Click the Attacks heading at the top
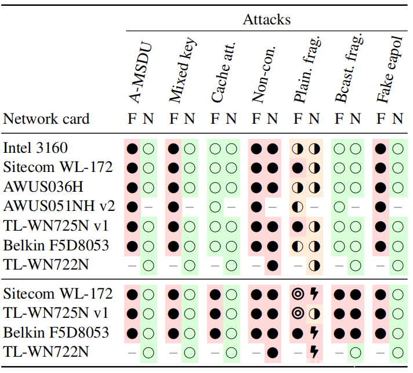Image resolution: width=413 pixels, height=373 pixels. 266,19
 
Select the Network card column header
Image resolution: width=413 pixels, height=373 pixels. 46,119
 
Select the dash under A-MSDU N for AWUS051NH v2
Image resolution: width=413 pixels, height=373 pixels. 148,206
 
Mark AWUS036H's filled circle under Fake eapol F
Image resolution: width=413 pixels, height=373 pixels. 381,187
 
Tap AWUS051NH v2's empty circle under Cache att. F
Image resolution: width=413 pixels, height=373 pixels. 215,206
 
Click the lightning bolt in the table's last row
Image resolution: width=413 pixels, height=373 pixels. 314,351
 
